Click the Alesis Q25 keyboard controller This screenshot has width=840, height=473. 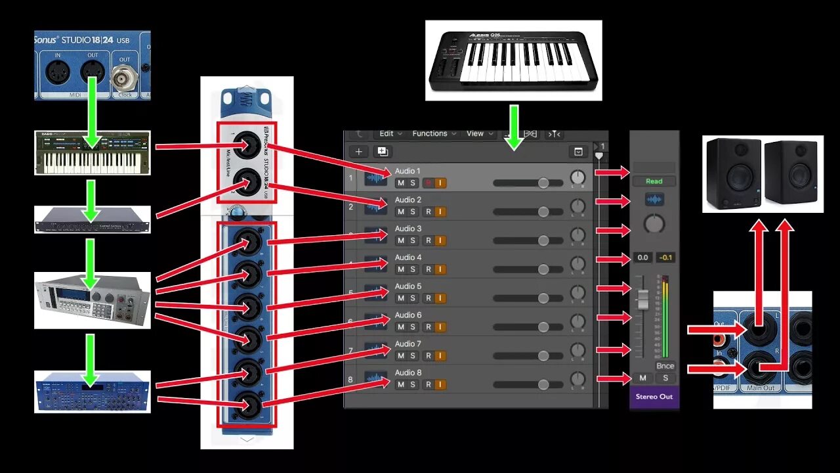pyautogui.click(x=513, y=60)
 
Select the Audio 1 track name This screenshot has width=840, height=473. pyautogui.click(x=408, y=171)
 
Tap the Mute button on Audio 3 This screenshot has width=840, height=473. pyautogui.click(x=400, y=240)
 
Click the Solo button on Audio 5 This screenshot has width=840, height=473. pyautogui.click(x=413, y=298)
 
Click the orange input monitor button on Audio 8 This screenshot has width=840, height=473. pyautogui.click(x=440, y=384)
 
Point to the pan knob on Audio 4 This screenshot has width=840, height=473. pyautogui.click(x=577, y=264)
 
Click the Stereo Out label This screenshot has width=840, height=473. pyautogui.click(x=654, y=397)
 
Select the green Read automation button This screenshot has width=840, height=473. pyautogui.click(x=654, y=181)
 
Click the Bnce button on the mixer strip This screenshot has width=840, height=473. pyautogui.click(x=665, y=366)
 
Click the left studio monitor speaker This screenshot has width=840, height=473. pyautogui.click(x=734, y=173)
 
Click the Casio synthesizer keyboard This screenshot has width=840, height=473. pyautogui.click(x=92, y=152)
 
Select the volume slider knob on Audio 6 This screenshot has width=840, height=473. pyautogui.click(x=543, y=327)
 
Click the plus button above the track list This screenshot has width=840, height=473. pyautogui.click(x=358, y=152)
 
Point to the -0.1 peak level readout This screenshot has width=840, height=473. pyautogui.click(x=665, y=258)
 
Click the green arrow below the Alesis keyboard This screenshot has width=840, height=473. pyautogui.click(x=514, y=126)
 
